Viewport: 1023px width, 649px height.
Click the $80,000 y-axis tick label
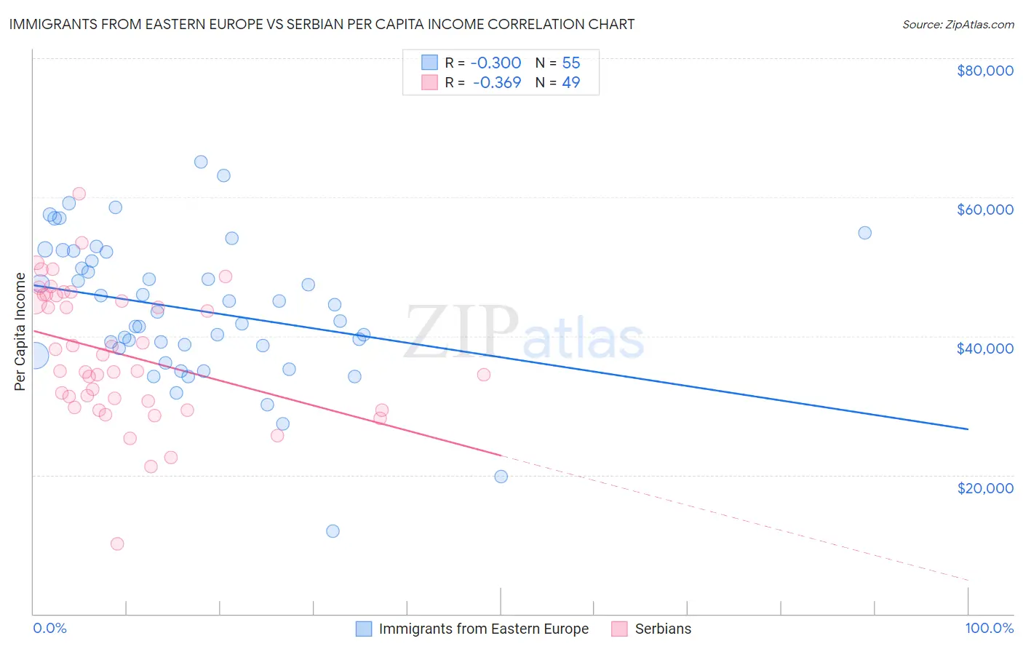984,71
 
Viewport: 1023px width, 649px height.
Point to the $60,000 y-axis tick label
984,210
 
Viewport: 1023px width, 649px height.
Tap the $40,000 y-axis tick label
984,349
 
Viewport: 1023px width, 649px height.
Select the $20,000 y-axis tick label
984,487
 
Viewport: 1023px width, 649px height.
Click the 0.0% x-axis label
49,629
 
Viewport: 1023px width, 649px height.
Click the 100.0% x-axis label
989,629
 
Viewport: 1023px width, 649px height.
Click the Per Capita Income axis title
20,332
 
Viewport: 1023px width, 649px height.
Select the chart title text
322,24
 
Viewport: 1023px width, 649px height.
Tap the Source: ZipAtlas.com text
958,24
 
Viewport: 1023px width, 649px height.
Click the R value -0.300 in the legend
495,63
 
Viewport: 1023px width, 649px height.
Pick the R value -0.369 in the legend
497,82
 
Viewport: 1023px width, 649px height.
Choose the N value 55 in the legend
571,63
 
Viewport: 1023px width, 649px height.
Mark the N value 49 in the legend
571,82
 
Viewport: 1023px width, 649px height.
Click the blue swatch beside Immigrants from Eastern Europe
364,629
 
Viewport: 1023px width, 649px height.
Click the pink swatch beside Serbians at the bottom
620,629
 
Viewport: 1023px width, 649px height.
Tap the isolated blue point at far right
864,233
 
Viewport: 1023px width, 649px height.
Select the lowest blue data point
333,531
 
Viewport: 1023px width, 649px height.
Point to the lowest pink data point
117,544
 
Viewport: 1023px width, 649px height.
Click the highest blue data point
201,162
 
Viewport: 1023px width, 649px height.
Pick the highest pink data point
79,194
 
